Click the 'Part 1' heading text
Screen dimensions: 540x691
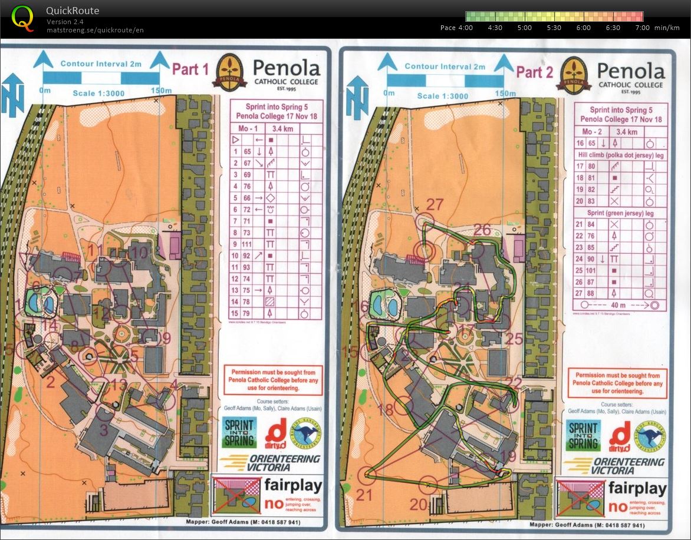point(190,69)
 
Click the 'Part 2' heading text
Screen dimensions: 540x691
point(534,72)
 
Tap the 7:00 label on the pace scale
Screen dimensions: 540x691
point(642,28)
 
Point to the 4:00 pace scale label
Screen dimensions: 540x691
point(465,28)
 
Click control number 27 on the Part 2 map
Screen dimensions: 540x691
point(434,204)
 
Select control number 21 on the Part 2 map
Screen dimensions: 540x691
point(364,495)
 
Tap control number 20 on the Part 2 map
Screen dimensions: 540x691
point(418,504)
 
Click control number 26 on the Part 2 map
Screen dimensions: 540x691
point(482,230)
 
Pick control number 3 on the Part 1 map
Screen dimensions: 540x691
point(104,430)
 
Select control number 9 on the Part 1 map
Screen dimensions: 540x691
point(165,338)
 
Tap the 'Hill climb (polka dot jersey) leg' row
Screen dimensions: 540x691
point(621,154)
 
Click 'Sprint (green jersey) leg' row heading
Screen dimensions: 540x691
point(621,213)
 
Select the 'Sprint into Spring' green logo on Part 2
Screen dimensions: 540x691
point(583,435)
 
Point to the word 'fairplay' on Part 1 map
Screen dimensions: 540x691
point(293,486)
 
